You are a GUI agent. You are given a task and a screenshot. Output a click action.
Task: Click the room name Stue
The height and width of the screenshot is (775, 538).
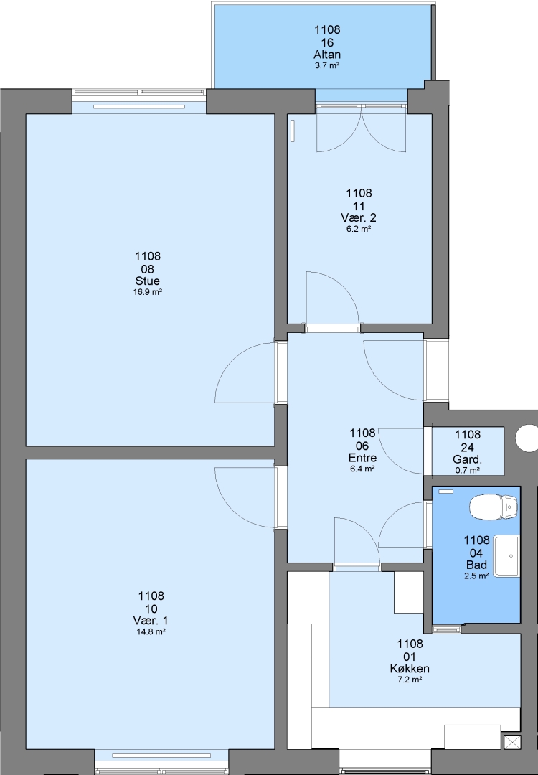(148, 281)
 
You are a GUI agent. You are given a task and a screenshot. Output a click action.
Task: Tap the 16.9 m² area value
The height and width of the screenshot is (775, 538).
(148, 292)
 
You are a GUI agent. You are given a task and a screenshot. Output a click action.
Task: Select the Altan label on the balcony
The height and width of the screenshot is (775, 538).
(327, 55)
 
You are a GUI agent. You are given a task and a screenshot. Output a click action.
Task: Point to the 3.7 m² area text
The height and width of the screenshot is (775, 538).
(327, 65)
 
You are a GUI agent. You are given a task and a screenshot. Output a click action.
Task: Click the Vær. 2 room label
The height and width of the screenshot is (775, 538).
(359, 218)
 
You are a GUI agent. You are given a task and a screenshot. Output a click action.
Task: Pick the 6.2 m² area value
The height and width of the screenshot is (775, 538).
(359, 229)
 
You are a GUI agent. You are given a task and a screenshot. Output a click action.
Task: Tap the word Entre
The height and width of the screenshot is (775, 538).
(363, 458)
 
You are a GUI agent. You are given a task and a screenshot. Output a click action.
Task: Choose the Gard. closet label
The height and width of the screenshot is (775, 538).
(468, 460)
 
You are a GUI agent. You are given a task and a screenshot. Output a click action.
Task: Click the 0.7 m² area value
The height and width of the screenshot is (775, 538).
(468, 471)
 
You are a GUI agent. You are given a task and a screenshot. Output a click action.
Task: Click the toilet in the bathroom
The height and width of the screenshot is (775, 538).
(494, 507)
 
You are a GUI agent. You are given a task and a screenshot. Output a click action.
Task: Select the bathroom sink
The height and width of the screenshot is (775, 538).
(507, 556)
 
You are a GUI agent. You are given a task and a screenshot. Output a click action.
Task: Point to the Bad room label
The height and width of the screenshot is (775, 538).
(477, 565)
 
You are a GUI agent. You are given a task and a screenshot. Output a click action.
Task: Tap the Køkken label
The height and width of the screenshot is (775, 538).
(410, 669)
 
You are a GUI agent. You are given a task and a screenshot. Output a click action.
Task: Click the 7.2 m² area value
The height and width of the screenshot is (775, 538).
(410, 680)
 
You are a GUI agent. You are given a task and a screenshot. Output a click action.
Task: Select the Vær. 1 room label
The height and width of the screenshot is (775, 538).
(151, 621)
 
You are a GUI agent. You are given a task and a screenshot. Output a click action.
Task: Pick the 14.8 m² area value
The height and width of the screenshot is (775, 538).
(151, 631)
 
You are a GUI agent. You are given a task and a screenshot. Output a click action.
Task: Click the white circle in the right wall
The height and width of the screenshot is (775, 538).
(527, 438)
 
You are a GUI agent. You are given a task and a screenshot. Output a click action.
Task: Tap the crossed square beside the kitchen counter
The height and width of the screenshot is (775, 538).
(511, 742)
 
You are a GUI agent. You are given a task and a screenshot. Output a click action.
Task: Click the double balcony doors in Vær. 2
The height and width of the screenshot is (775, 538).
(362, 128)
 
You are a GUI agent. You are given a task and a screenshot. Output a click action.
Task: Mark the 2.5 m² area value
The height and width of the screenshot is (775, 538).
(477, 576)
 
